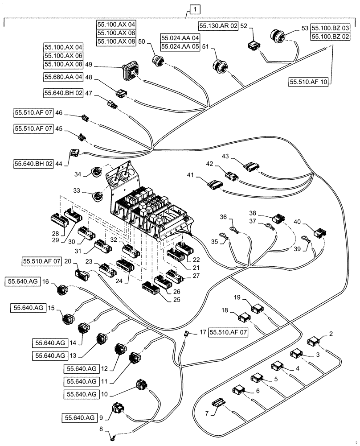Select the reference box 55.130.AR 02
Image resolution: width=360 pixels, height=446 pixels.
[218, 26]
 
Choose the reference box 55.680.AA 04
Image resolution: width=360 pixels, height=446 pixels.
[63, 77]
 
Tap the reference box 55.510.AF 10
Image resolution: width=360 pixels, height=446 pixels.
[308, 82]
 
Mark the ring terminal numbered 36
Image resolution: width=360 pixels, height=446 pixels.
[233, 230]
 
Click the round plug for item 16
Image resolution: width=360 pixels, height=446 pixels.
[62, 290]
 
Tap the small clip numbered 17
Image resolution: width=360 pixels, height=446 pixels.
[188, 333]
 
